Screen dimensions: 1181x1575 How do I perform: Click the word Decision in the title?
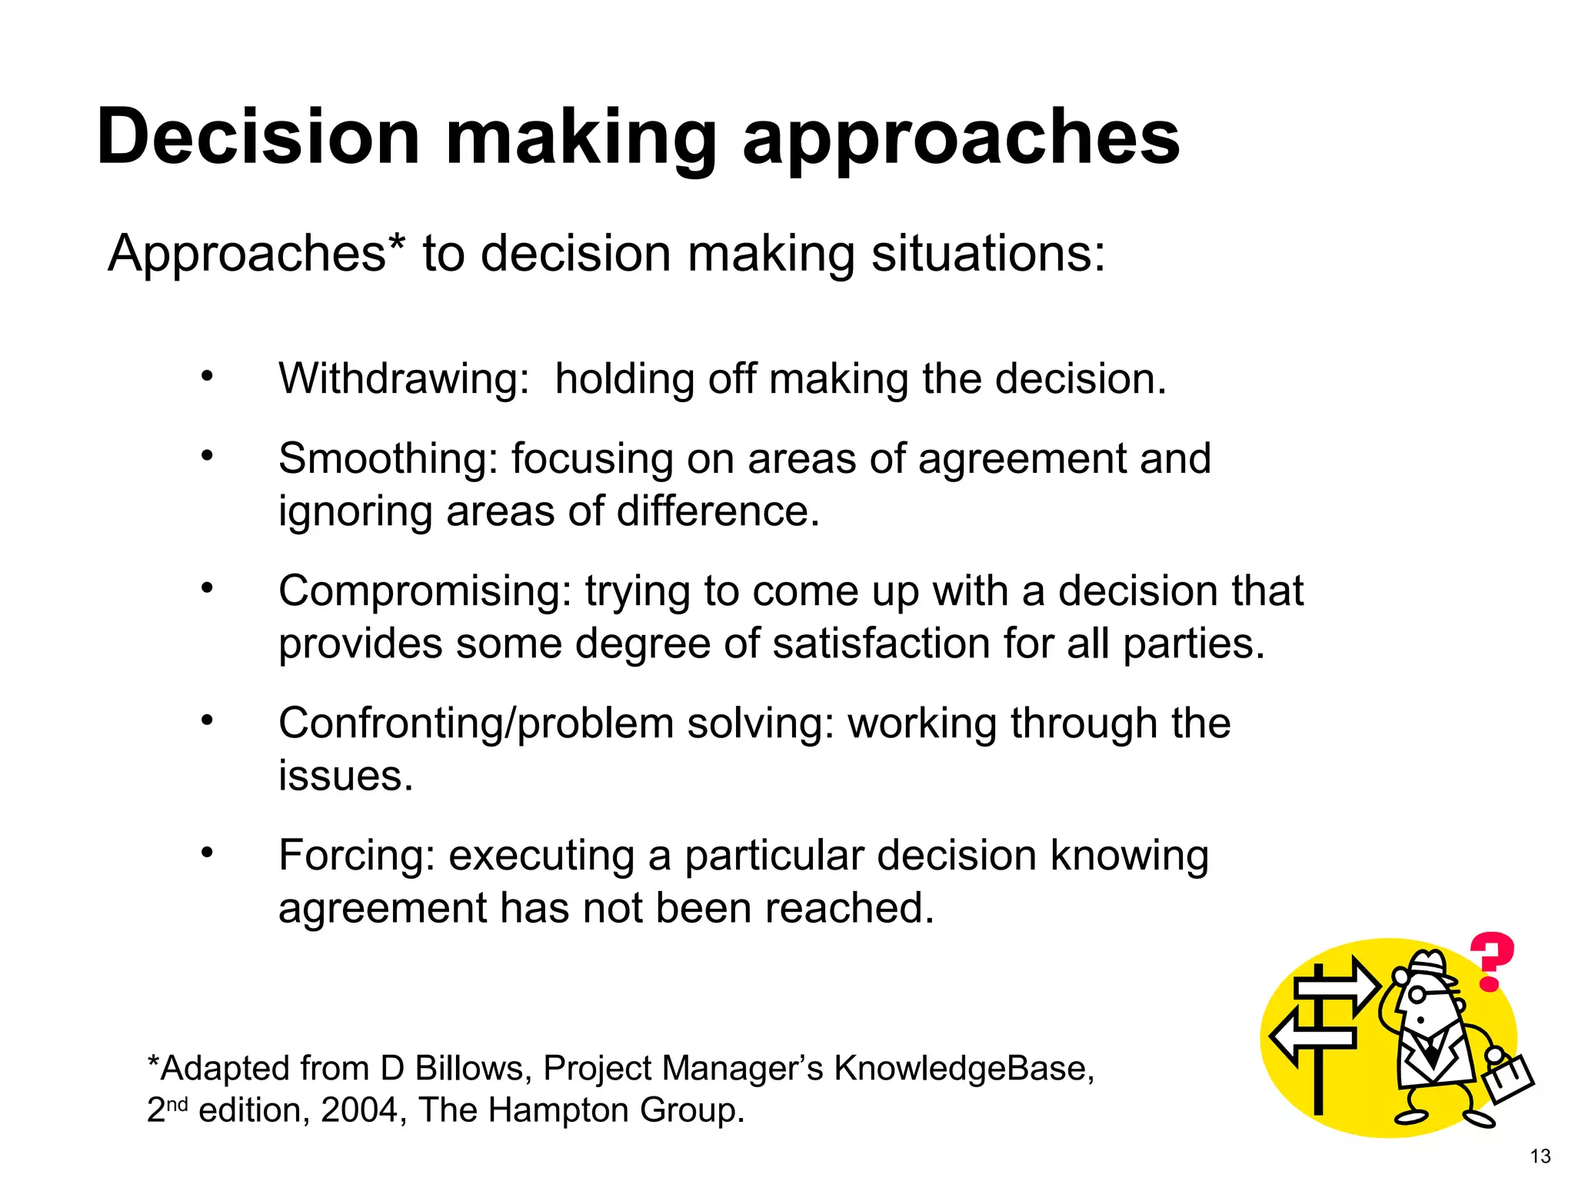tap(258, 136)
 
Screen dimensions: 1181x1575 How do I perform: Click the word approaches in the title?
tap(961, 138)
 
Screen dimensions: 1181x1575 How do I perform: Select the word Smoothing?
tap(388, 459)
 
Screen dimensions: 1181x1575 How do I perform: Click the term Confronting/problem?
tap(476, 724)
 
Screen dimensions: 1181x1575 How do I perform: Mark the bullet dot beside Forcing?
tap(207, 853)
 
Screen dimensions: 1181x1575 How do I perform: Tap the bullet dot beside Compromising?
tap(207, 588)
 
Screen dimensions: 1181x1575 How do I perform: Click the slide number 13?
tap(1540, 1156)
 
